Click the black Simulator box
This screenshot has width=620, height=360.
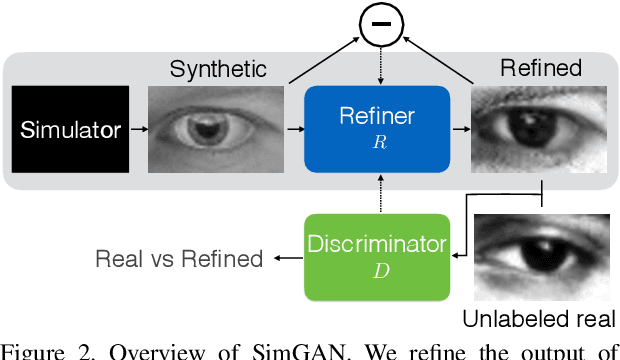pos(69,129)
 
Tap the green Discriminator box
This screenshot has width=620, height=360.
pos(377,257)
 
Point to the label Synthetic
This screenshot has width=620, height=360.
pos(218,69)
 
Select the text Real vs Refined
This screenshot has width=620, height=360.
pos(179,259)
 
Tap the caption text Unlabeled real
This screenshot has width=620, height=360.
pos(541,319)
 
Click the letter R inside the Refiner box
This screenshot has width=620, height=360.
pos(377,144)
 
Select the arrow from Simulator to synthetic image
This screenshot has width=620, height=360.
pos(138,129)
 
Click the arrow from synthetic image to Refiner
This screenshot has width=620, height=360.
pos(295,129)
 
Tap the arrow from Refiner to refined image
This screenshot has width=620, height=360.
pos(460,129)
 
